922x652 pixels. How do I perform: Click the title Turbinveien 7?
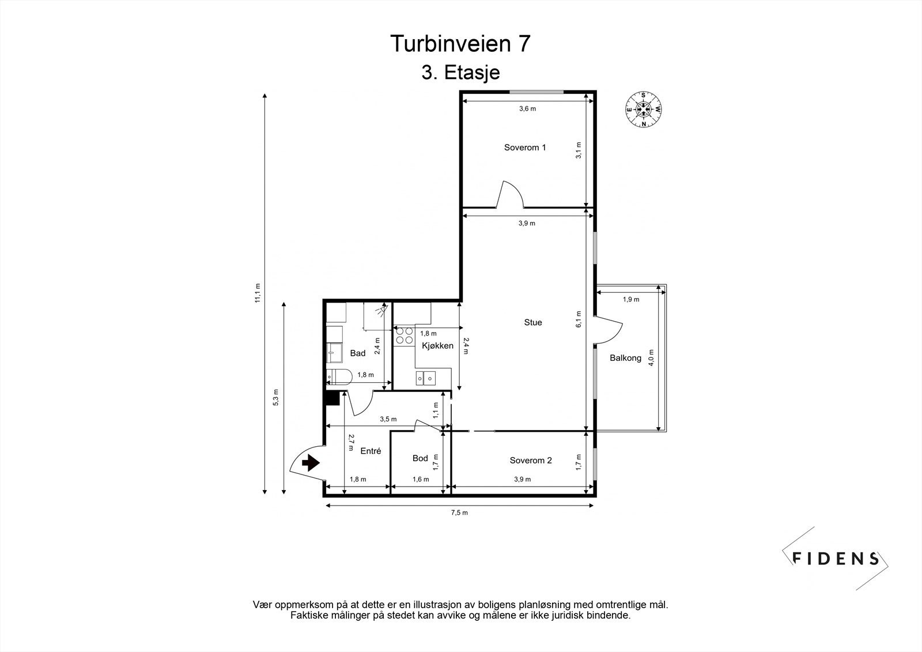(460, 44)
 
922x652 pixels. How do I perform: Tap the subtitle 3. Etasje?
(460, 73)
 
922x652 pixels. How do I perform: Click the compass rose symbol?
(644, 108)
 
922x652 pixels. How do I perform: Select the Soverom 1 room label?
(524, 148)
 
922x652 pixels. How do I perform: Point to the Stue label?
(532, 322)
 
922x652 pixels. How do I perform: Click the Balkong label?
(625, 358)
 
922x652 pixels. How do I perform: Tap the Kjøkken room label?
(437, 346)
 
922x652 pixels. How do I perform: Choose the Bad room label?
(357, 353)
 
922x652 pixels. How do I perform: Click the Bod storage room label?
(420, 458)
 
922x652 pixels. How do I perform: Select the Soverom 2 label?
(530, 460)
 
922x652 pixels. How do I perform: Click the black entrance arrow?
(311, 462)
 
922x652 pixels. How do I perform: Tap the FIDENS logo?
(836, 558)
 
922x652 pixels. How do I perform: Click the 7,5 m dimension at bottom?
(459, 512)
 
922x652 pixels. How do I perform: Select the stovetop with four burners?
(405, 336)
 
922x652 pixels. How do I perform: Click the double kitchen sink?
(426, 378)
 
